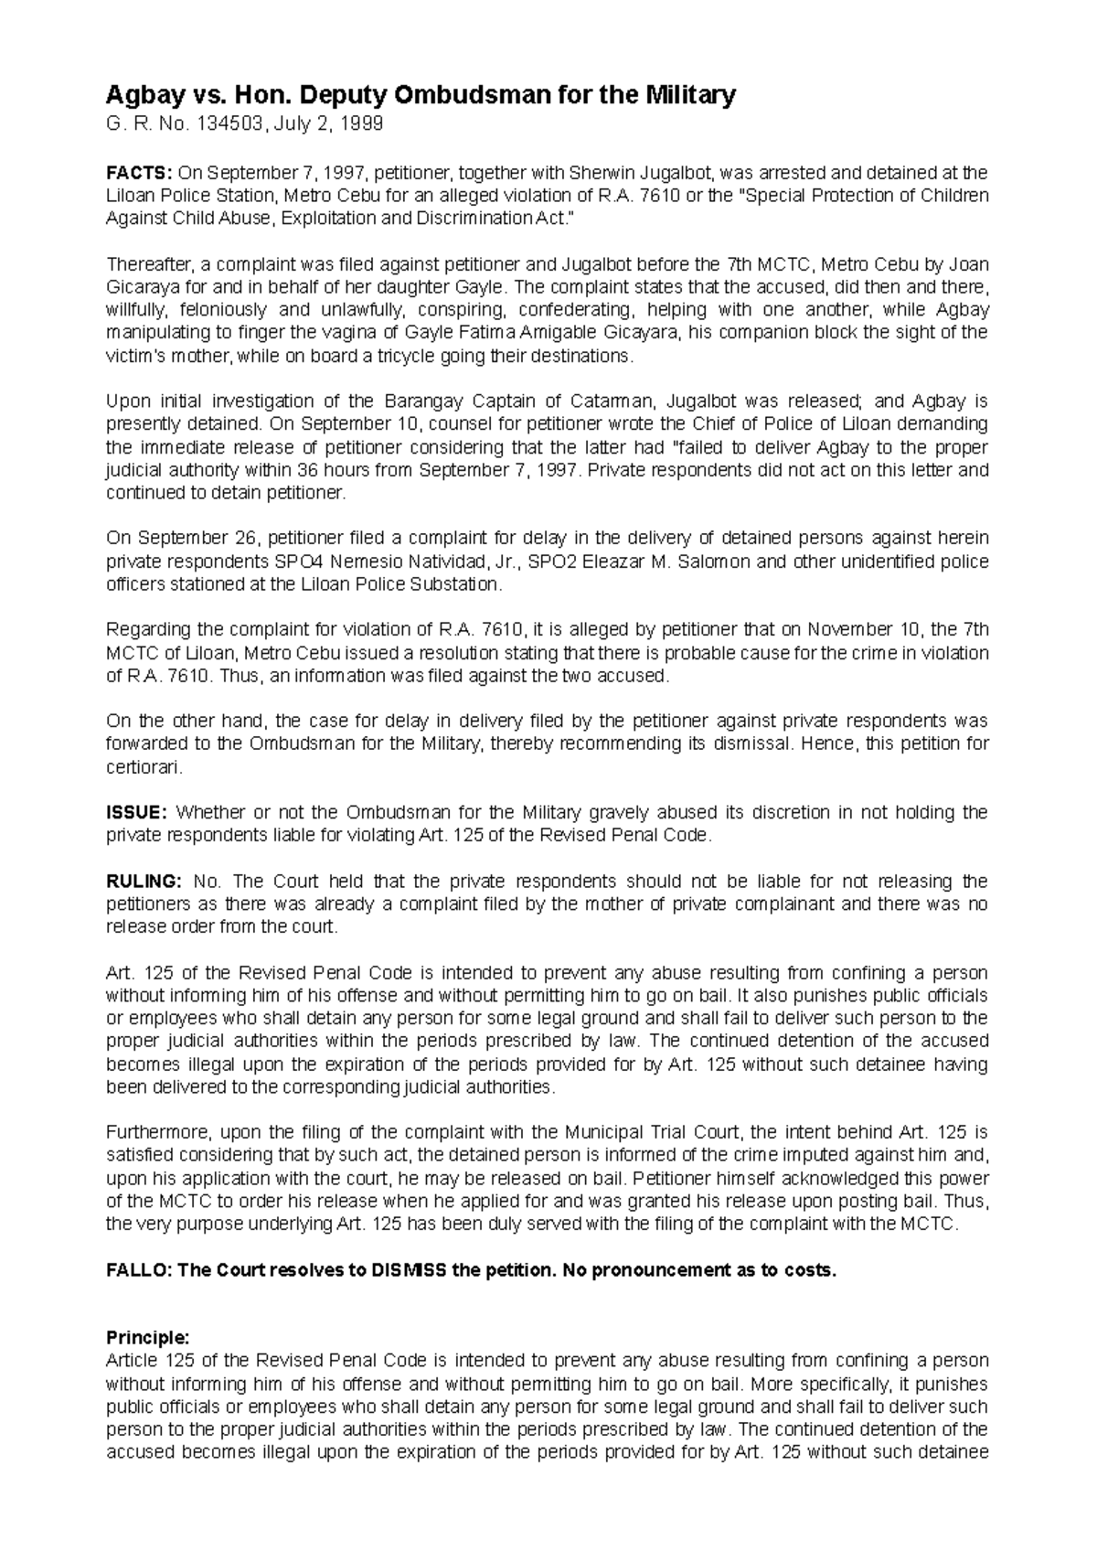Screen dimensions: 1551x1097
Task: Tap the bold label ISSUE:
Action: (x=136, y=812)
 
